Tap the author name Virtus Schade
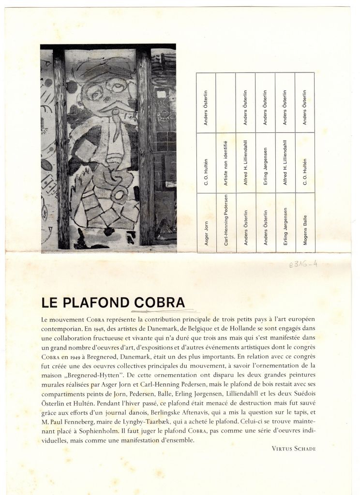tap(294, 448)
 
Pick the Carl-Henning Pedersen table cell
tap(225, 222)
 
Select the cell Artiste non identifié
tap(225, 162)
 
